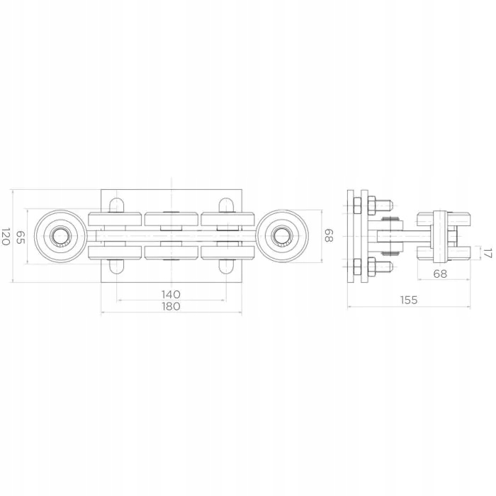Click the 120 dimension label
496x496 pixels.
(6, 237)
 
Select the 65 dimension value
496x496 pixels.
(21, 237)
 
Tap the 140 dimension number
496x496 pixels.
(171, 293)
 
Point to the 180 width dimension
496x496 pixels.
(171, 306)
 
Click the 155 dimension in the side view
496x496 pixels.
(408, 300)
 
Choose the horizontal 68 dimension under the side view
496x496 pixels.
(440, 274)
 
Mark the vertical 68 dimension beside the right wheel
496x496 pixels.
(328, 236)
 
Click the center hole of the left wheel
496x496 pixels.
(60, 236)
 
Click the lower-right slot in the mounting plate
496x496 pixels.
(226, 266)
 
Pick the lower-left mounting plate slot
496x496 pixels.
(116, 266)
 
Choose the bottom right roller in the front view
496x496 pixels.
(227, 252)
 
